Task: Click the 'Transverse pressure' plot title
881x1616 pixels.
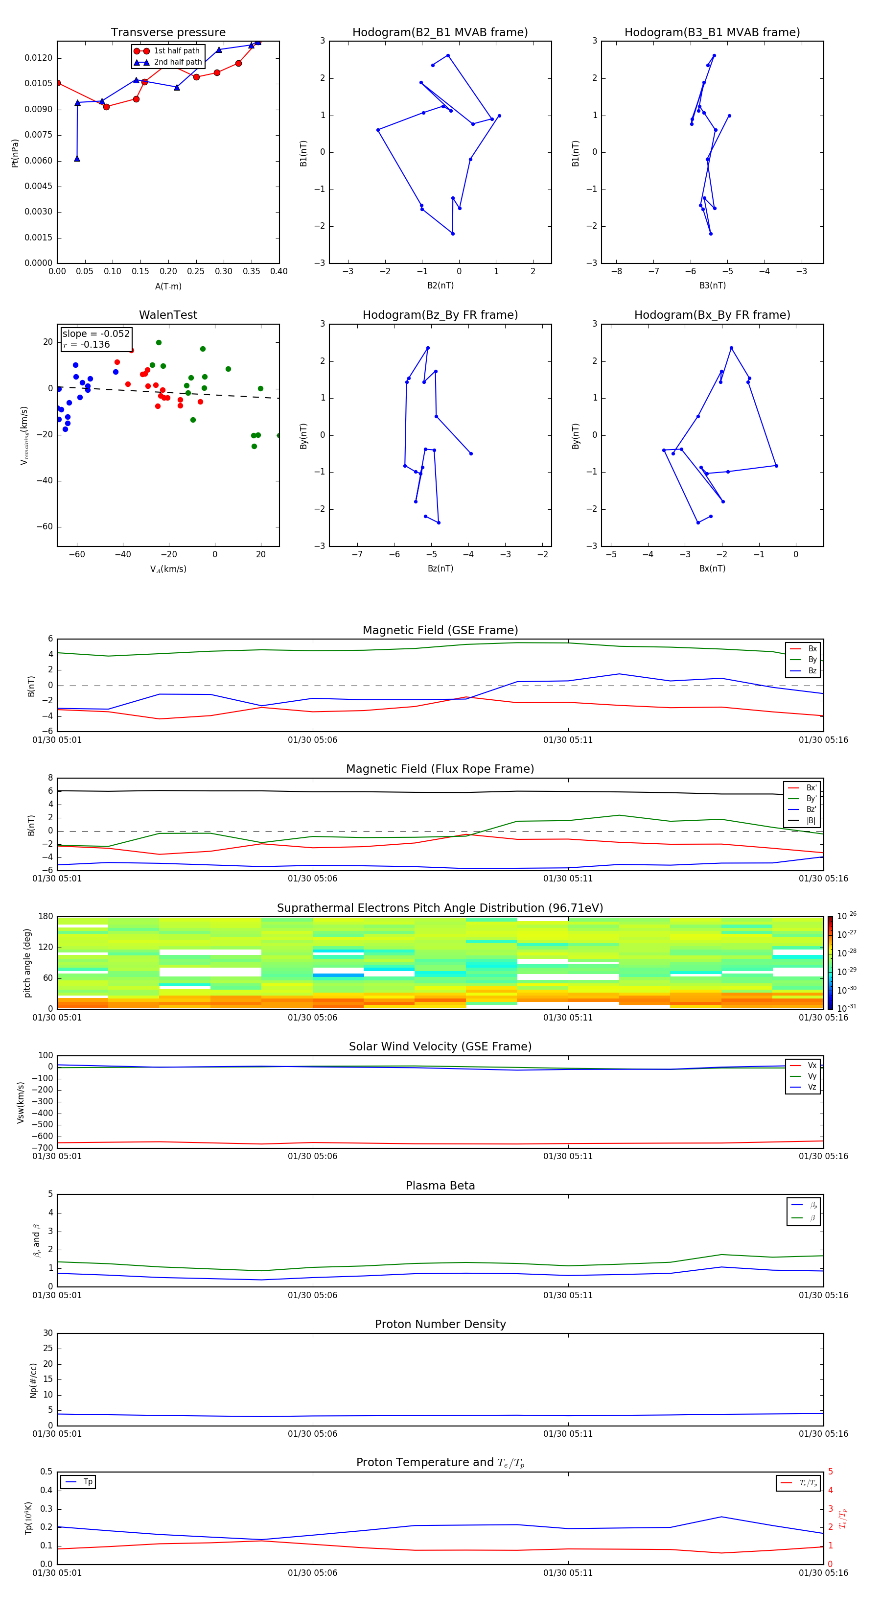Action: click(168, 33)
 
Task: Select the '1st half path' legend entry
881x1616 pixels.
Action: click(176, 51)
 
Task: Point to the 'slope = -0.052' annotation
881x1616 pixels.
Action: click(96, 334)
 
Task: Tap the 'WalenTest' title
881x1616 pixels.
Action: click(168, 315)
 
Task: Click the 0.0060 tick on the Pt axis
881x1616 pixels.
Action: click(38, 161)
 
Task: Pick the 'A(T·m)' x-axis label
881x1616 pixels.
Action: click(168, 286)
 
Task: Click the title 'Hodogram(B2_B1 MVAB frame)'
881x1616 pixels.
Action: click(440, 33)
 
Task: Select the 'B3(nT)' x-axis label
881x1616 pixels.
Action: click(712, 285)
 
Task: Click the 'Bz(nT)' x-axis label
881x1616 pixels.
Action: click(440, 569)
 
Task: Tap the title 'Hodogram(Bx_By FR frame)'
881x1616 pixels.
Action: click(712, 315)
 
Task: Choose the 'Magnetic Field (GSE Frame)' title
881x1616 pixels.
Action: click(440, 630)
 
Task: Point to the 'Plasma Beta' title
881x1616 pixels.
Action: click(440, 1186)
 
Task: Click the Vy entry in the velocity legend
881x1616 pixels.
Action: click(811, 1076)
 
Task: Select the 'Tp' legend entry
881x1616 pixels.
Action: click(87, 1482)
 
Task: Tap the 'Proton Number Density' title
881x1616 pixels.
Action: click(440, 1324)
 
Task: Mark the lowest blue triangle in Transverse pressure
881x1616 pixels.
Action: click(77, 159)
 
